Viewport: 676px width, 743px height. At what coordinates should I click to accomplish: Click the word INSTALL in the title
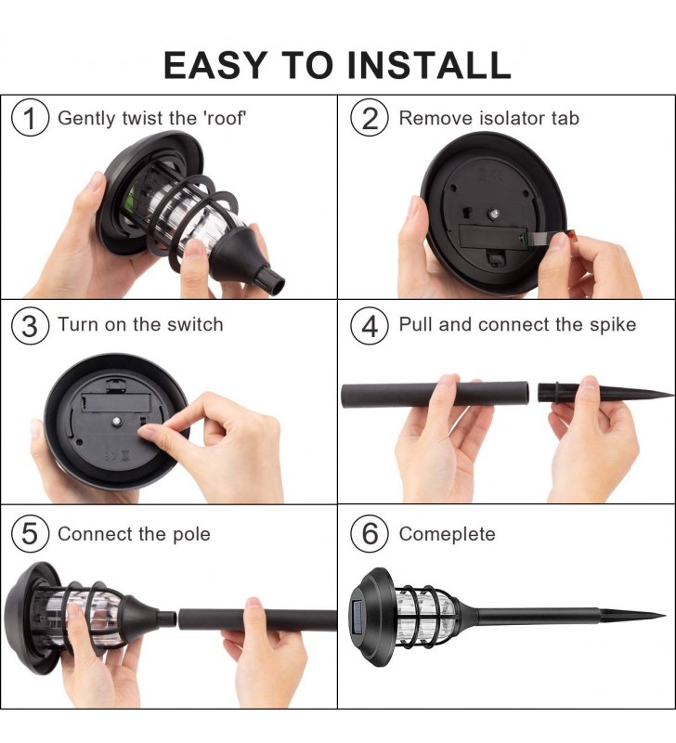pos(429,64)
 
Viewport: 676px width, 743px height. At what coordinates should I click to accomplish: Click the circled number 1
pos(30,118)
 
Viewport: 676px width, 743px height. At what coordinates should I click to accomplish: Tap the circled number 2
pos(370,119)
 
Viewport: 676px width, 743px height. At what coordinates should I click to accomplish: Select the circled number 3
pos(30,326)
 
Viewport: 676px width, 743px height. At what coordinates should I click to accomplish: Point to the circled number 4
pos(370,326)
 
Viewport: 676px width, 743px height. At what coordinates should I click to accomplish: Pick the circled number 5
pos(30,534)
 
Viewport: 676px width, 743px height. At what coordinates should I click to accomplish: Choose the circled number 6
pos(370,534)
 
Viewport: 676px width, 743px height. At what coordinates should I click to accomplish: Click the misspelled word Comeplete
pos(448,535)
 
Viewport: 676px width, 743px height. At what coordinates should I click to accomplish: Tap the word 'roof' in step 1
pos(225,118)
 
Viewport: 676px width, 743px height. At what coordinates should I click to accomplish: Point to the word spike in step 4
pos(613,326)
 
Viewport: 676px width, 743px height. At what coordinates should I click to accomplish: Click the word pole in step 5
pos(191,535)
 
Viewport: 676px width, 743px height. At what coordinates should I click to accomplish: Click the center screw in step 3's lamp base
pos(115,420)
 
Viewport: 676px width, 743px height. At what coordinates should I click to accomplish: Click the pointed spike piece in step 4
pos(604,392)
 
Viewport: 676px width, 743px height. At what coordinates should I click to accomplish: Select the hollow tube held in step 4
pos(435,396)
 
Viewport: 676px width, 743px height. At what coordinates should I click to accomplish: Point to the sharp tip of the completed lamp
pos(664,616)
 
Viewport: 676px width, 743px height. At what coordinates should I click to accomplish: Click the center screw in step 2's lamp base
pos(493,215)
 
